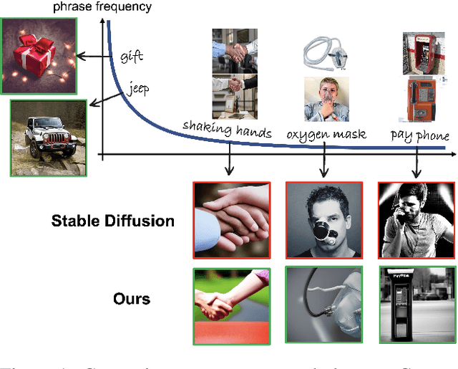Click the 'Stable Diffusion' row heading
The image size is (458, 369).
(113, 221)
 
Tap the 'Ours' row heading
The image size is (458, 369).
(132, 297)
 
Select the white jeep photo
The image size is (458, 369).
(49, 138)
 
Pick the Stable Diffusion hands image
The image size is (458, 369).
(230, 220)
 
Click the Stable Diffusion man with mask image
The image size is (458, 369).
(323, 220)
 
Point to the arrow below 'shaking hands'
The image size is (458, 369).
(228, 159)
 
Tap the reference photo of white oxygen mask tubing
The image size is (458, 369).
(323, 52)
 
